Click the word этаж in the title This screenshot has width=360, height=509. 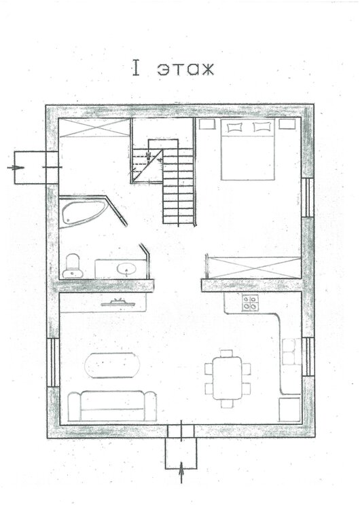pos(186,69)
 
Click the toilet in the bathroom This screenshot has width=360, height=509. pos(73,266)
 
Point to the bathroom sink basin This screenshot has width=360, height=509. pos(127,269)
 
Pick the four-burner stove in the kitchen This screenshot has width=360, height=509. pos(250,303)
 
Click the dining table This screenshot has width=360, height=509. pos(228,378)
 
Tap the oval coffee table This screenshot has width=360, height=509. pos(112,366)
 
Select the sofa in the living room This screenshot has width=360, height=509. pos(112,406)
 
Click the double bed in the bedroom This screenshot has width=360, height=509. pos(248,149)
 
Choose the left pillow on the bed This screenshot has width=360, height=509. pos(234,128)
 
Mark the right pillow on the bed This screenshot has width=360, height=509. pos(262,127)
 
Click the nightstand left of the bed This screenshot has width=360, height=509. pos(207,124)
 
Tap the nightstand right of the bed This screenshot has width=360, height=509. pos(287,124)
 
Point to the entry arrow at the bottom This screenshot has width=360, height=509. pos(181,472)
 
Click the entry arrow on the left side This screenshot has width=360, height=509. pos(16,168)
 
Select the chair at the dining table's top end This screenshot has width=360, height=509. pos(226,354)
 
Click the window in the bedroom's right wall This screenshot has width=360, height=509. pos(308,197)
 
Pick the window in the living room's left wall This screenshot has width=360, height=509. pos(53,362)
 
